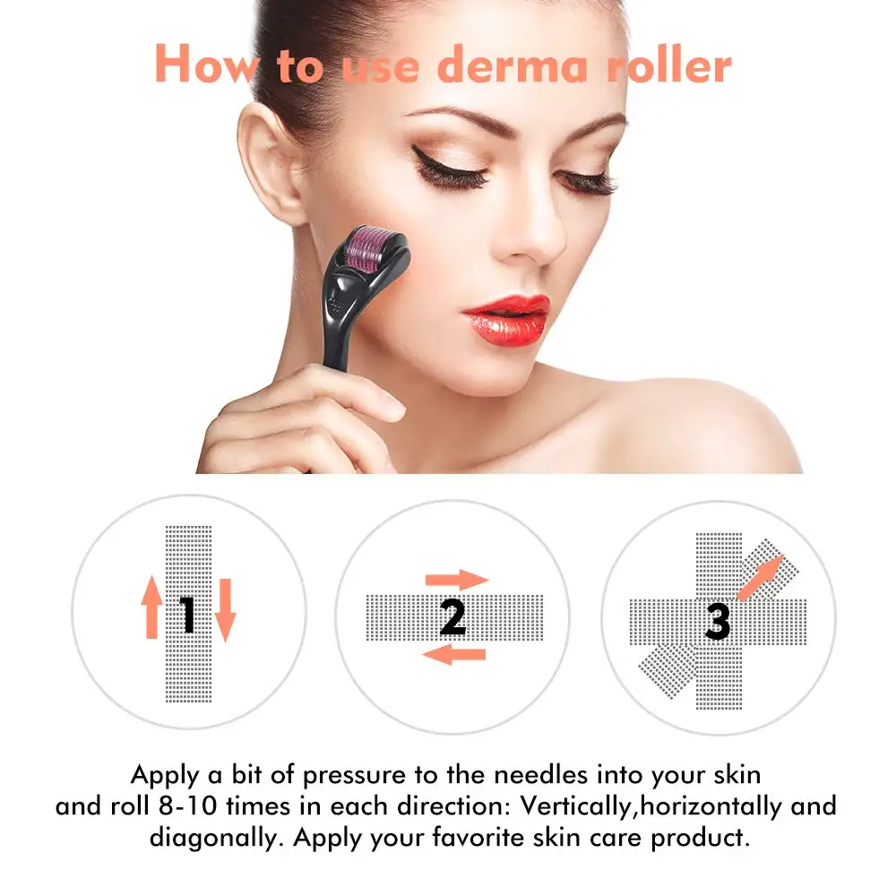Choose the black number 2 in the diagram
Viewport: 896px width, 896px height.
[452, 616]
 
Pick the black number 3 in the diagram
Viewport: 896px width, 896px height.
[717, 621]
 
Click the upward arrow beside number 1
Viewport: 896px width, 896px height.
[151, 607]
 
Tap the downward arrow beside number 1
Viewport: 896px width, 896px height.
[225, 609]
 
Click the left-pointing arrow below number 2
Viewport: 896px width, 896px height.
[453, 655]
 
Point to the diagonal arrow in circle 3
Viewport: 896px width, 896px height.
[760, 576]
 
